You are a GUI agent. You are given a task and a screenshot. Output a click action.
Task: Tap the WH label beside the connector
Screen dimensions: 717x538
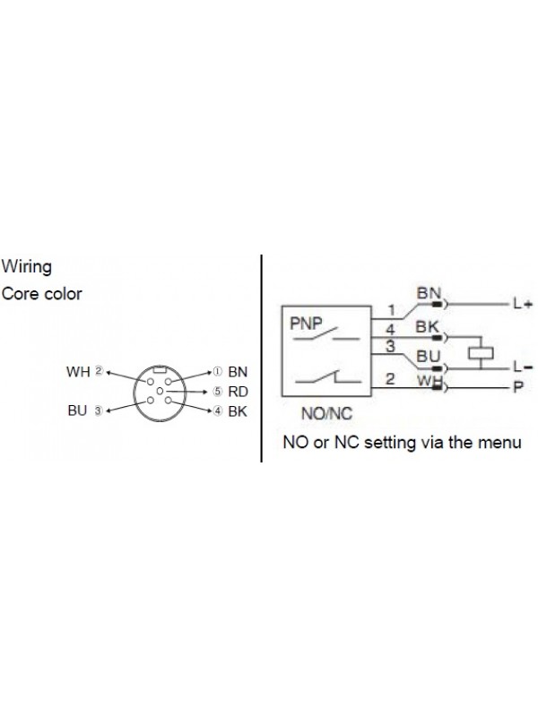(78, 370)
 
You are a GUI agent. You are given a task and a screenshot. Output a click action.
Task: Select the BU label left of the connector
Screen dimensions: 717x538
(77, 411)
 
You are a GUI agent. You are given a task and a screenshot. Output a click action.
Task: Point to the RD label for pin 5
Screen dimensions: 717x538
(237, 391)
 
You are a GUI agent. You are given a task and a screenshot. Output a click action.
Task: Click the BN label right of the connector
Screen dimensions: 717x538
(237, 370)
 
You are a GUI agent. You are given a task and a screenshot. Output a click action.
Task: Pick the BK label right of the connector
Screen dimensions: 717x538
(237, 411)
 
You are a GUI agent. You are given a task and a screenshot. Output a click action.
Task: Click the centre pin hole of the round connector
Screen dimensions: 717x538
(159, 392)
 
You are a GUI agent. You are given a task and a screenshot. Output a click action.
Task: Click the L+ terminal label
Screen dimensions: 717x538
(523, 304)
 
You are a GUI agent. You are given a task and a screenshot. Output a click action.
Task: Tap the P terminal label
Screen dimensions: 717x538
(517, 387)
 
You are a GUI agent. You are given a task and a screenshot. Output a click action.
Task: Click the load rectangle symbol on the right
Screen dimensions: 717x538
(482, 351)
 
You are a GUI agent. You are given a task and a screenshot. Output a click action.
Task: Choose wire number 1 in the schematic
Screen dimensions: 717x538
(392, 311)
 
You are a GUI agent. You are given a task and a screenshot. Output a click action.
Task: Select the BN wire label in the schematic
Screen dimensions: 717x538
(428, 293)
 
